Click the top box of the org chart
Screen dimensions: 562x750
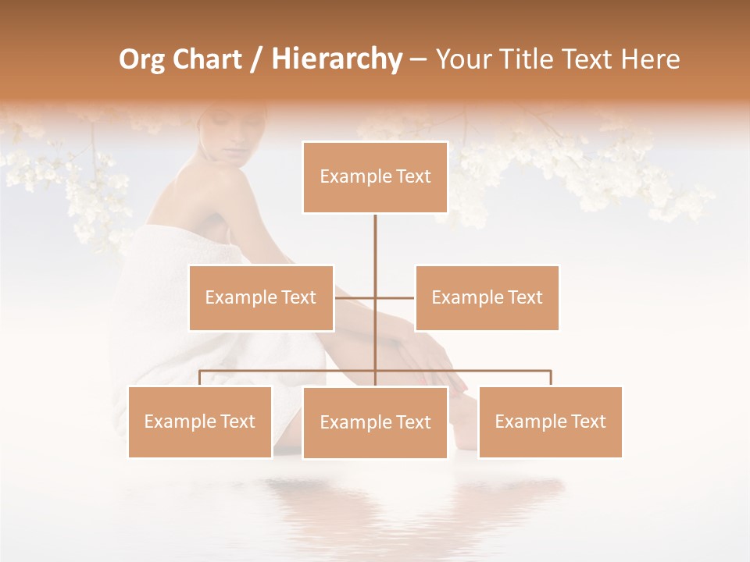[375, 177]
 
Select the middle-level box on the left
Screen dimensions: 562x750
[261, 297]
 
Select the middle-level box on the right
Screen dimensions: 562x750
[487, 297]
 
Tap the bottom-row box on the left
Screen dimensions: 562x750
[200, 421]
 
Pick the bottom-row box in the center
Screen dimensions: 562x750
[375, 422]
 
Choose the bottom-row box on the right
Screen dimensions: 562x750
[550, 421]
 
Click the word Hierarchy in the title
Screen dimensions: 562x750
[336, 59]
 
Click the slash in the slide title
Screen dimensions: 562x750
[255, 59]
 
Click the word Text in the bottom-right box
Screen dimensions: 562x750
[589, 421]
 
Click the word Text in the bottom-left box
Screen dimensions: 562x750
[238, 421]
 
